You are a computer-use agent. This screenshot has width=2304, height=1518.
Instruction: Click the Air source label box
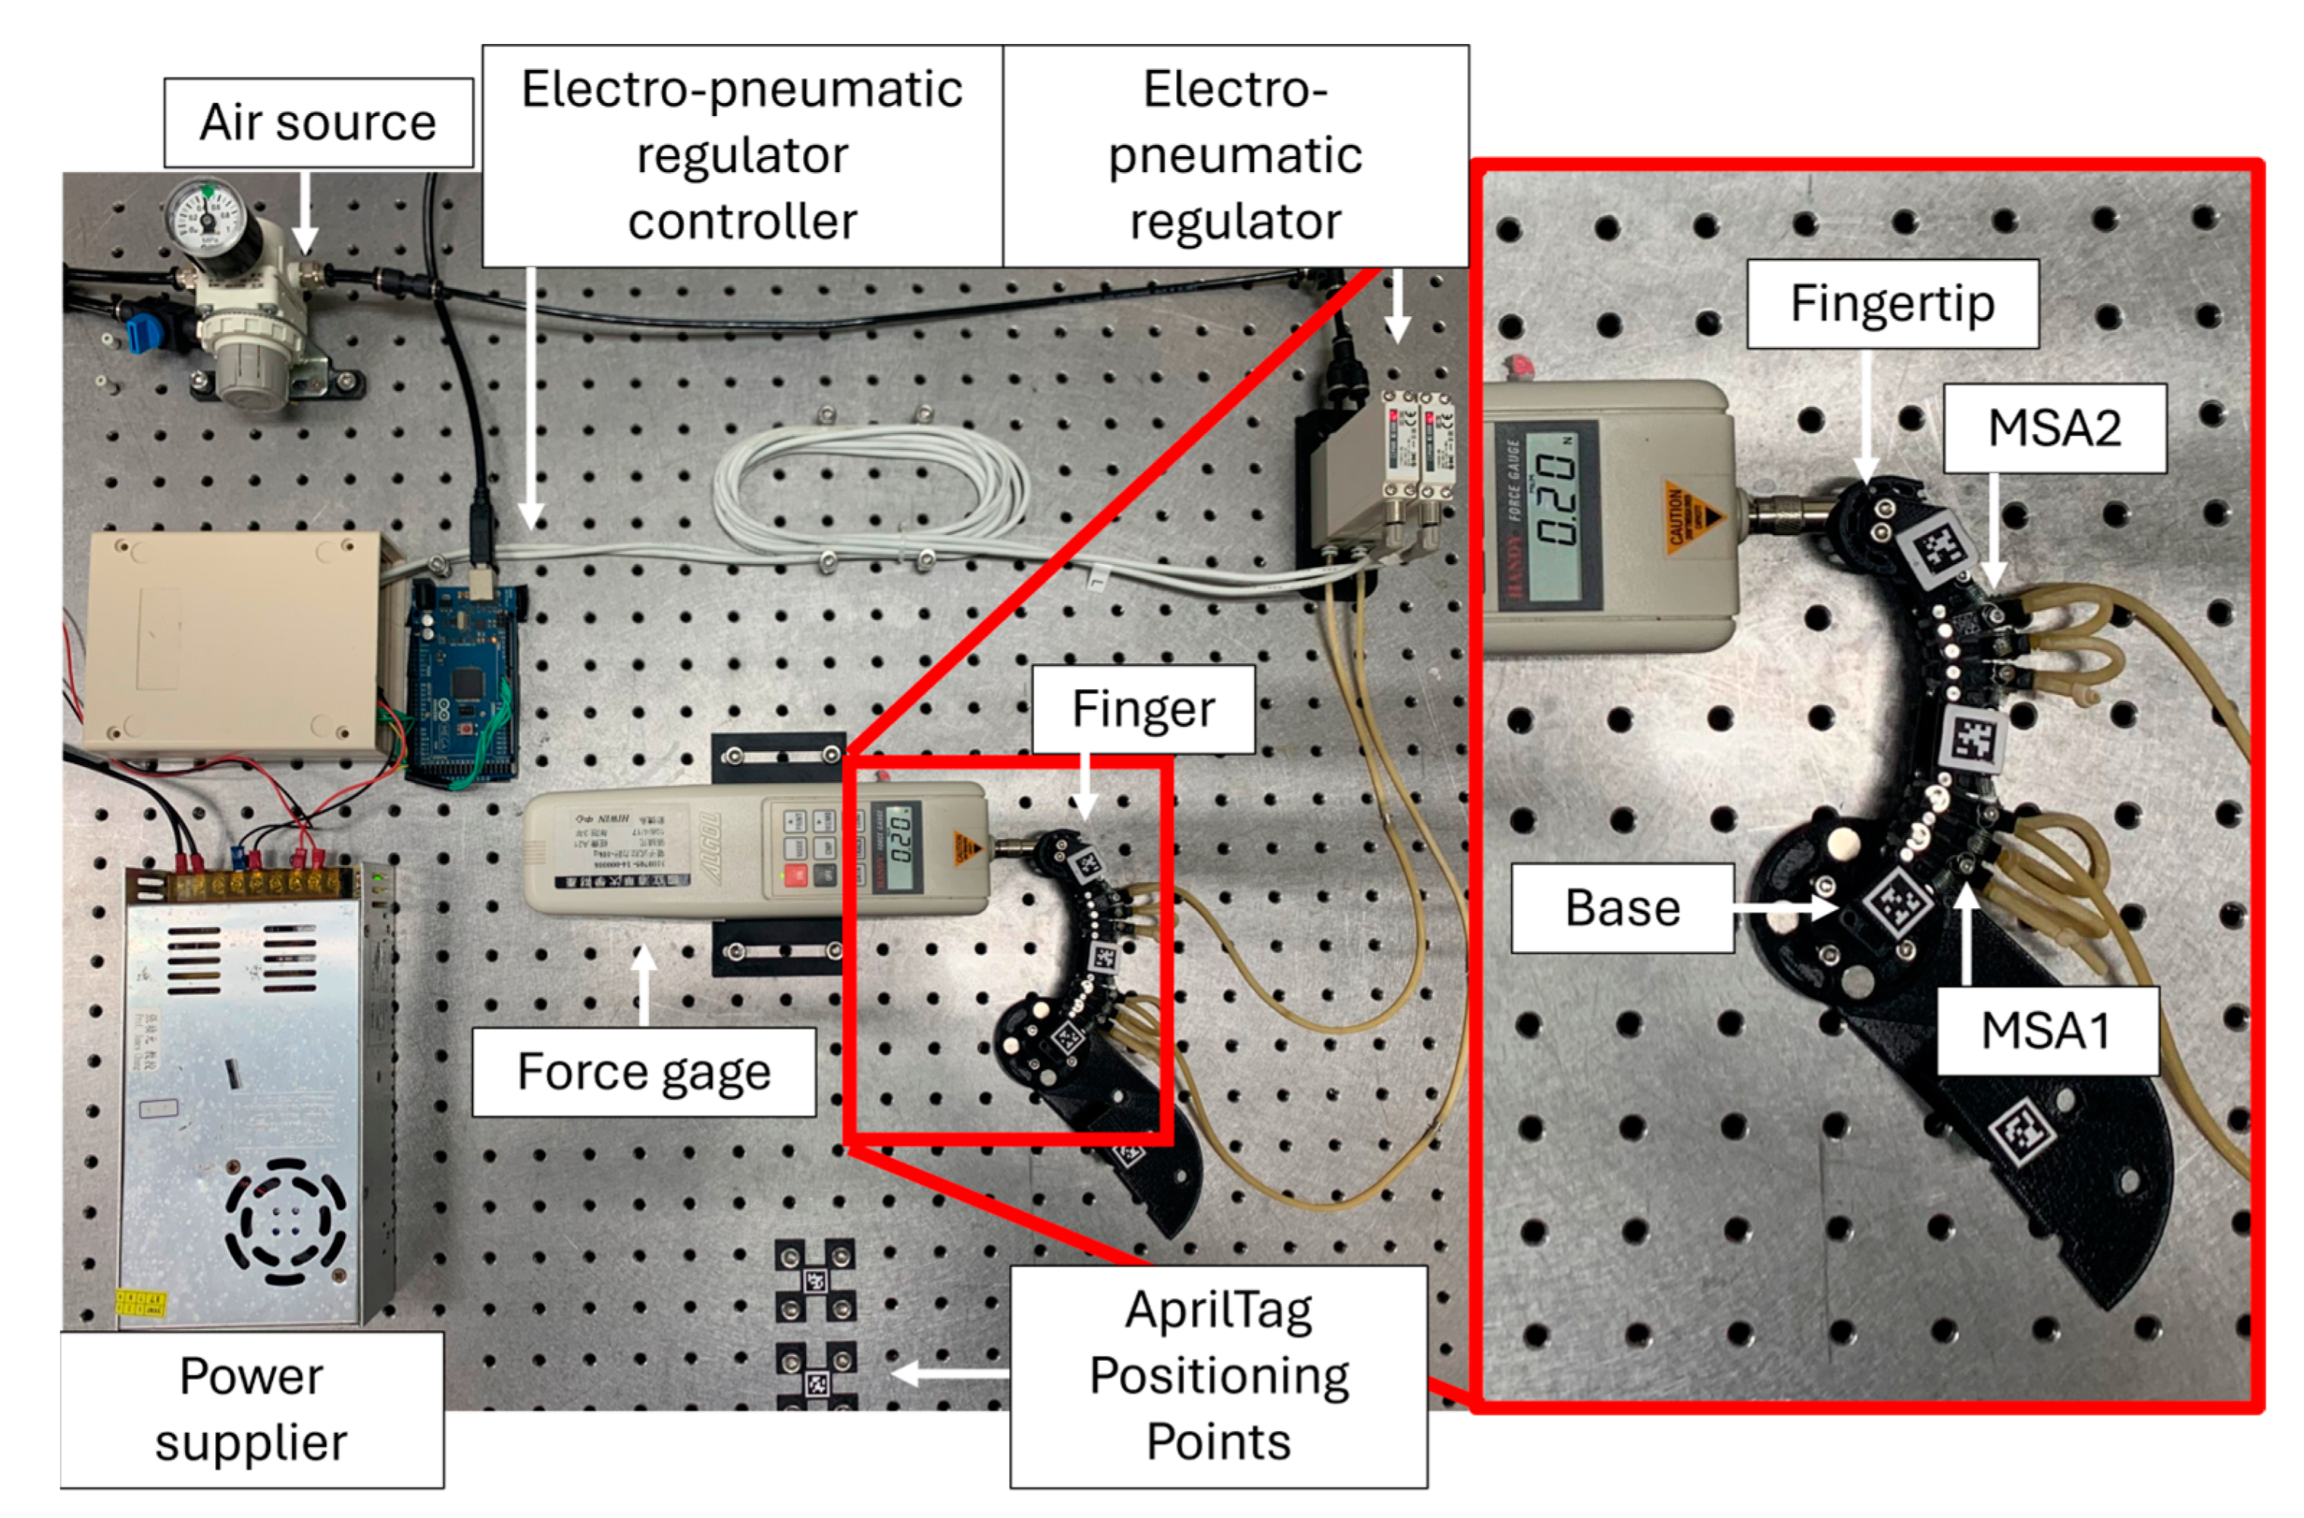pos(318,123)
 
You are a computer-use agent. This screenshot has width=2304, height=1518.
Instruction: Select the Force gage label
pos(643,1072)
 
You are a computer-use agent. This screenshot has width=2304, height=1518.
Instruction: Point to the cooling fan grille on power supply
pos(285,1222)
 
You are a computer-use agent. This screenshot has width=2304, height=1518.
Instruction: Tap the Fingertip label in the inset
pos(1892,304)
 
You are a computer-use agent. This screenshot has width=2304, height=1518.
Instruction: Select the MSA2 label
pos(2053,428)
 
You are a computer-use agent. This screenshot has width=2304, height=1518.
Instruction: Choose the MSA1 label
pos(2045,1030)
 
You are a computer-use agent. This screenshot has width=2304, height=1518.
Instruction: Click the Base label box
pos(1622,908)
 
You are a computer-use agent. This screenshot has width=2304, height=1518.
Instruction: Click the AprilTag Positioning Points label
pos(1218,1376)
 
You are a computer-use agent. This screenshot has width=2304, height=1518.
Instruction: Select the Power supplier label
pos(252,1410)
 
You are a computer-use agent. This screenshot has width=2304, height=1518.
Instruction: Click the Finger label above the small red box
pos(1142,709)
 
